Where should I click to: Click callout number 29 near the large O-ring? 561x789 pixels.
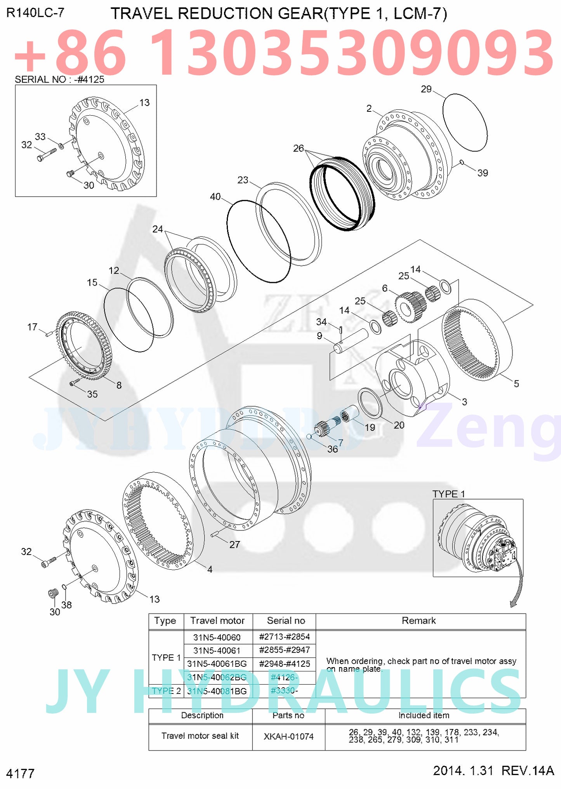[426, 89]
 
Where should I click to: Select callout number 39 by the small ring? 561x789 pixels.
[482, 173]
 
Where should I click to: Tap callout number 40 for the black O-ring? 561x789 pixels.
[215, 197]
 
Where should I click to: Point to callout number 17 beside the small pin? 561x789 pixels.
[32, 327]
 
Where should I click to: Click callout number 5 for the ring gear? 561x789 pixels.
[516, 383]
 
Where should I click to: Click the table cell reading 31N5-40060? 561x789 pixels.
[217, 637]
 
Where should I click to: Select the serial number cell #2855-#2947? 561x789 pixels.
[284, 650]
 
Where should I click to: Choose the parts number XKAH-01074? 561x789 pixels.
[288, 736]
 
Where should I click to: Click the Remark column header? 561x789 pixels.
[419, 621]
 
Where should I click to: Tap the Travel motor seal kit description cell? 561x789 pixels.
[200, 735]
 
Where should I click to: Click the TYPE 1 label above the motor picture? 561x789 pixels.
[448, 494]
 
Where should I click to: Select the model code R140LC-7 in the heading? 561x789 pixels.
[35, 13]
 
